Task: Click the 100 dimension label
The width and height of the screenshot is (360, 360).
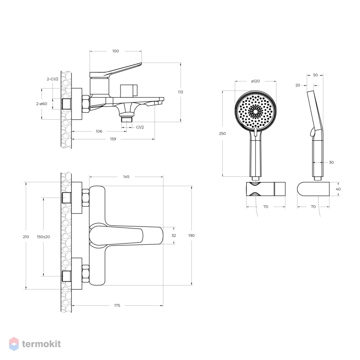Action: [x=116, y=51]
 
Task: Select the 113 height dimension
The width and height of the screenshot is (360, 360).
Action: [x=180, y=92]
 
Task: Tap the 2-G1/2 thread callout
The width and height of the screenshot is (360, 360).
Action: [x=53, y=79]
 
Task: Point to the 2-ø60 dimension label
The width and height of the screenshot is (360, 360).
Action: [x=41, y=104]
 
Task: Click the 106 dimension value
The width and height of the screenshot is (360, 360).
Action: [x=99, y=131]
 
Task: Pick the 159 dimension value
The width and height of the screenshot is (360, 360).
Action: [x=113, y=139]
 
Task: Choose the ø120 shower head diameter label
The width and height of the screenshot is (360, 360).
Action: [x=256, y=81]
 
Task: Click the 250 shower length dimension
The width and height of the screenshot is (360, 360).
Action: [x=222, y=134]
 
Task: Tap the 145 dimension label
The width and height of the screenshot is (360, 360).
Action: [x=126, y=176]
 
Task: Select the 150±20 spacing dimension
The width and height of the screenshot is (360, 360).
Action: [x=44, y=237]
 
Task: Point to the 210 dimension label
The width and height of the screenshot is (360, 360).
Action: [x=26, y=237]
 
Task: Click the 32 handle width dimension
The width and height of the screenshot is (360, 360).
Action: [x=174, y=235]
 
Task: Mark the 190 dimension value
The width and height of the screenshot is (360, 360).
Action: [x=191, y=235]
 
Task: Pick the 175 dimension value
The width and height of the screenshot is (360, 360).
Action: [x=117, y=305]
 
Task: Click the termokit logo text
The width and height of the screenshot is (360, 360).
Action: [x=41, y=344]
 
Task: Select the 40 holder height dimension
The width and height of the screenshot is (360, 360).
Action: [x=338, y=189]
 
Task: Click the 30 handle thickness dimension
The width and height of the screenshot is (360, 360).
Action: [x=331, y=162]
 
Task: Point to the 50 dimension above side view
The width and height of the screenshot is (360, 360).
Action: [x=315, y=75]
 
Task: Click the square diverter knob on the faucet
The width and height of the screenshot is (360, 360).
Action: [x=129, y=90]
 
